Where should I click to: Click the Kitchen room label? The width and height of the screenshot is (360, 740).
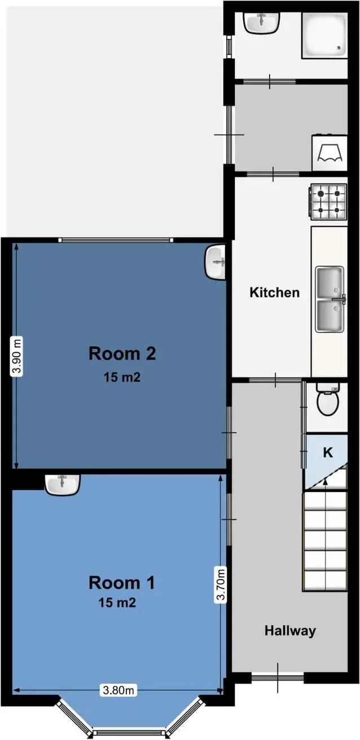[x=274, y=293]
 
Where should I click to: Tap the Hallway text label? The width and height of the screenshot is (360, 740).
[x=290, y=630]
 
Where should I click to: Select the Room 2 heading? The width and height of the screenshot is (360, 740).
[x=122, y=353]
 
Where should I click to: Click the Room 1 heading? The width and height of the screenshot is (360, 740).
[x=121, y=583]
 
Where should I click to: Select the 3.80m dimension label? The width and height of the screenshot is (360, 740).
[x=118, y=690]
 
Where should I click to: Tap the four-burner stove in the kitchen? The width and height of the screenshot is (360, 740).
[x=328, y=202]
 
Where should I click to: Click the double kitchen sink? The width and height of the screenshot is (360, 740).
[x=330, y=299]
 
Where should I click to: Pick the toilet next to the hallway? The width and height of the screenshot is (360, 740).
[x=328, y=399]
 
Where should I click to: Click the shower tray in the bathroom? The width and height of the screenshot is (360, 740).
[x=324, y=36]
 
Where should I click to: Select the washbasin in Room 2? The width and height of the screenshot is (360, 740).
[x=216, y=262]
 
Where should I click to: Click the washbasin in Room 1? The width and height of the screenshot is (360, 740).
[x=62, y=484]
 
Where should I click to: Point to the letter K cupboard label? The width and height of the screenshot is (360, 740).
[x=328, y=452]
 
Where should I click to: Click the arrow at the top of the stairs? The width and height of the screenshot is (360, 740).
[x=325, y=484]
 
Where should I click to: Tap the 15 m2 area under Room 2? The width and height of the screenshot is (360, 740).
[x=122, y=377]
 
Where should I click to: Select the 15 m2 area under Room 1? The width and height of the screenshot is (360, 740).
[x=117, y=603]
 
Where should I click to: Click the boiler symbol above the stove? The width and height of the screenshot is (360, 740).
[x=330, y=152]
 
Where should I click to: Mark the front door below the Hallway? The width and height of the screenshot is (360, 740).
[x=278, y=678]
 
